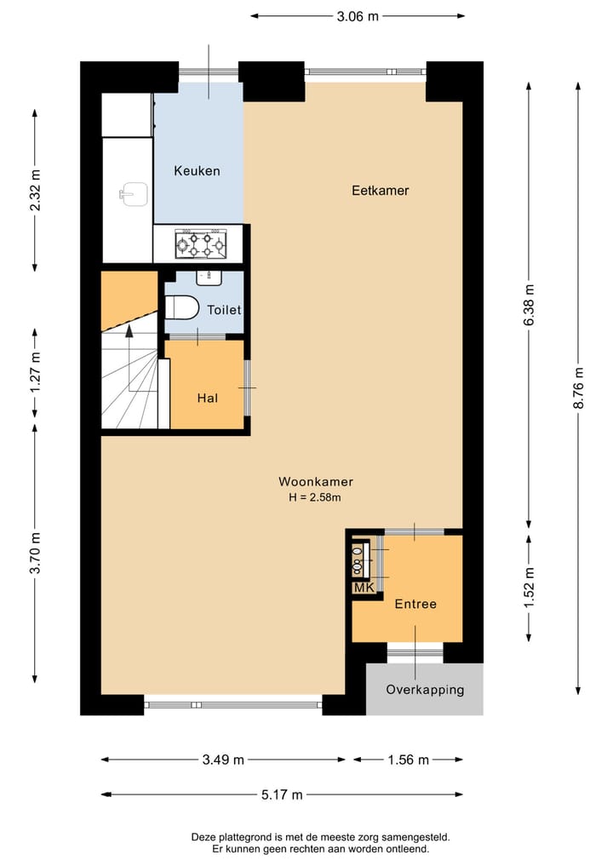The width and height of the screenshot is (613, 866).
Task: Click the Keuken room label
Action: [198, 171]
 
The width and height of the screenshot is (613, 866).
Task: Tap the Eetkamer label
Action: [381, 191]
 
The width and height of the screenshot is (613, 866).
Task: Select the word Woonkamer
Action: [316, 482]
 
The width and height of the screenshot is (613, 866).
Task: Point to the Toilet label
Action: [224, 310]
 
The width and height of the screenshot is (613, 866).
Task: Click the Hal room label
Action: [208, 399]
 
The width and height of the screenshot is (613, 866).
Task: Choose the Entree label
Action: [415, 605]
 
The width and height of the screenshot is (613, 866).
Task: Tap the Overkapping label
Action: [425, 690]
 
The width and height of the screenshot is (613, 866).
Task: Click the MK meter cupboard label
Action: [364, 588]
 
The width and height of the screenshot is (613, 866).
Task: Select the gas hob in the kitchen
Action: [200, 244]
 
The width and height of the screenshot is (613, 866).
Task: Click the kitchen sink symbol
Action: [135, 194]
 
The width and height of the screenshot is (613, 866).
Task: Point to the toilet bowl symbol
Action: [181, 307]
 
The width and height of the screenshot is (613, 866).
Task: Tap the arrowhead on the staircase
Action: [129, 330]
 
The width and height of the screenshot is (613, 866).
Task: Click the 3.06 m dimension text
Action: [358, 16]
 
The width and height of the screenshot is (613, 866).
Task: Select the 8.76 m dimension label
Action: [578, 388]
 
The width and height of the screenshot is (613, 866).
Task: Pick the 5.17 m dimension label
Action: [282, 795]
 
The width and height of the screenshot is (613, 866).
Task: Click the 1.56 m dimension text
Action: [408, 760]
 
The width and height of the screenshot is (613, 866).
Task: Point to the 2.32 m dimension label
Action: [36, 190]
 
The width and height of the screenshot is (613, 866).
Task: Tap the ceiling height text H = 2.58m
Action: [315, 497]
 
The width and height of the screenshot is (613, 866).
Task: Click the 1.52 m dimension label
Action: [529, 588]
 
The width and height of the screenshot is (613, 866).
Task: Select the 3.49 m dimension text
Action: [223, 760]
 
